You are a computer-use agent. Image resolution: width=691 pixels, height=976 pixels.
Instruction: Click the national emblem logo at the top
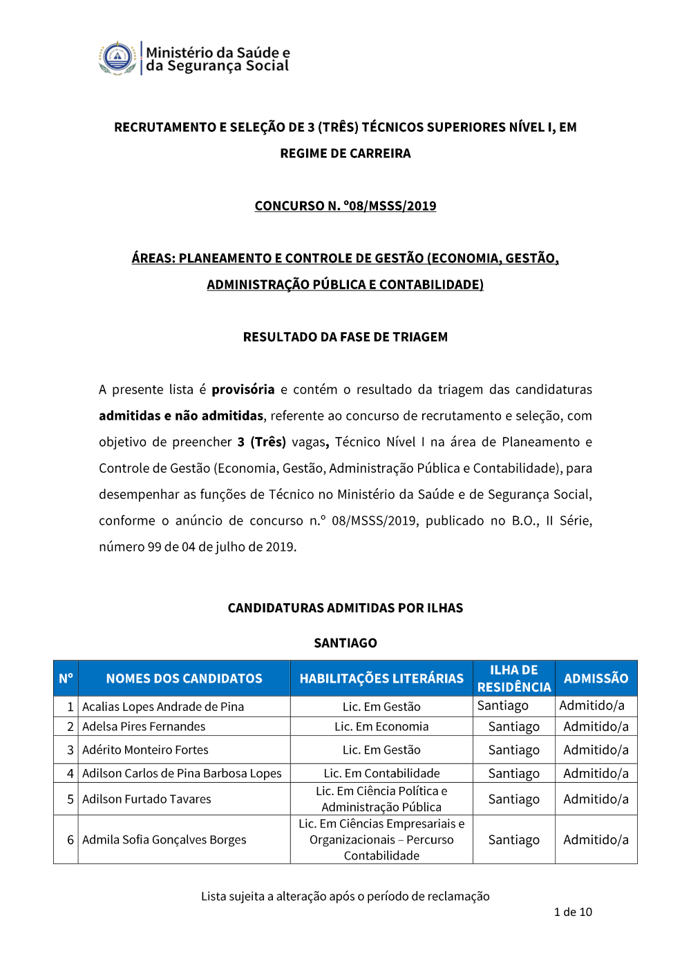tap(118, 58)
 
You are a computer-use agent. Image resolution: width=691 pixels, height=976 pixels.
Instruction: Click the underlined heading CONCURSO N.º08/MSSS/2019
tap(345, 206)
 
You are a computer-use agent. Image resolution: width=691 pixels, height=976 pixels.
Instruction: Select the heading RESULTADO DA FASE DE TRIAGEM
tap(345, 337)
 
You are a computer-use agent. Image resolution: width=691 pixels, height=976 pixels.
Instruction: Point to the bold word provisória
tap(243, 389)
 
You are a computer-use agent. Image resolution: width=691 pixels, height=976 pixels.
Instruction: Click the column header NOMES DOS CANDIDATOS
tap(184, 679)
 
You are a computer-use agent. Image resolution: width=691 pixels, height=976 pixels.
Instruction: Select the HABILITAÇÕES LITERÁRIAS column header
tap(381, 679)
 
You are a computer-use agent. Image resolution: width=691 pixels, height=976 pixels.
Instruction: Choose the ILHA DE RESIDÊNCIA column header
tap(514, 679)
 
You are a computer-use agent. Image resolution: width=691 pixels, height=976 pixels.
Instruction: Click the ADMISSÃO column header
tap(596, 679)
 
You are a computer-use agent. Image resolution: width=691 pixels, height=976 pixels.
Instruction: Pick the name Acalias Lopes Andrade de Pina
tap(163, 707)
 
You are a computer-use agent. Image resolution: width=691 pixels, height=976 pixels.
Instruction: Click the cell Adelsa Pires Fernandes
tap(144, 726)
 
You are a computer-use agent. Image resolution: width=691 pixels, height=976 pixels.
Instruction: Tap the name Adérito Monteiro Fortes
tap(145, 750)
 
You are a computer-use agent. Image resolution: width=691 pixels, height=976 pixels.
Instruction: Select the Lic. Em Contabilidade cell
tap(381, 773)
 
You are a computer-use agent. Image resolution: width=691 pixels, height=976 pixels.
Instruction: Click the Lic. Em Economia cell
tap(381, 726)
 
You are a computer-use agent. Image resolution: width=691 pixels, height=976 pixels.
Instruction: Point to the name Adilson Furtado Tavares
tap(146, 799)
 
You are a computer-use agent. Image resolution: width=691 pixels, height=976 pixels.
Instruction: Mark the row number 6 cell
tap(70, 839)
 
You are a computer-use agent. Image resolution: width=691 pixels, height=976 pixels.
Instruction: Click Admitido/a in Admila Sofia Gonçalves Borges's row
tap(596, 839)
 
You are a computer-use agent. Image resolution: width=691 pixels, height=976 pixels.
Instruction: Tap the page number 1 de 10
tap(573, 912)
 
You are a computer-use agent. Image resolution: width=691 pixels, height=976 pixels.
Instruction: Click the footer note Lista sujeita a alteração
tap(345, 896)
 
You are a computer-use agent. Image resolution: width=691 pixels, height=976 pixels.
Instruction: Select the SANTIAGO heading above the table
tap(345, 643)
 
